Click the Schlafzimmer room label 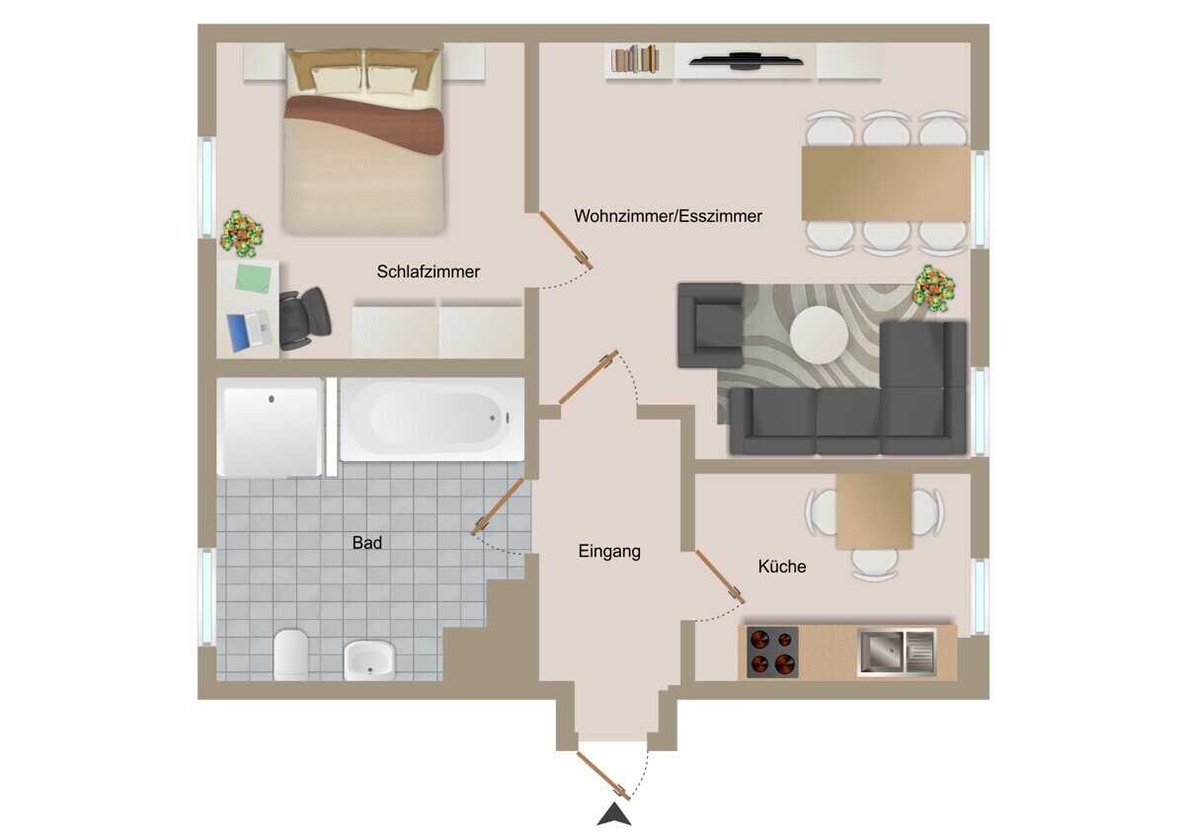pyautogui.click(x=428, y=271)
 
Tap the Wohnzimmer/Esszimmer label pyautogui.click(x=669, y=216)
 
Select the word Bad pyautogui.click(x=367, y=543)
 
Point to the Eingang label pyautogui.click(x=609, y=552)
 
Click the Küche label pyautogui.click(x=782, y=567)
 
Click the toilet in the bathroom pyautogui.click(x=291, y=654)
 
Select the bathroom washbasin pyautogui.click(x=369, y=661)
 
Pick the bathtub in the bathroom pyautogui.click(x=433, y=418)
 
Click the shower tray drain pyautogui.click(x=272, y=399)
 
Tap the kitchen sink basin pyautogui.click(x=880, y=653)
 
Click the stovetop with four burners pyautogui.click(x=772, y=652)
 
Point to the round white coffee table pyautogui.click(x=819, y=335)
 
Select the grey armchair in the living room pyautogui.click(x=710, y=325)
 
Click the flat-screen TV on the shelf pyautogui.click(x=746, y=61)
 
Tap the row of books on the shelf pyautogui.click(x=635, y=59)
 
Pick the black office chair pyautogui.click(x=304, y=319)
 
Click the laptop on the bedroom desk pyautogui.click(x=250, y=331)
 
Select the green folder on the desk pyautogui.click(x=254, y=278)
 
